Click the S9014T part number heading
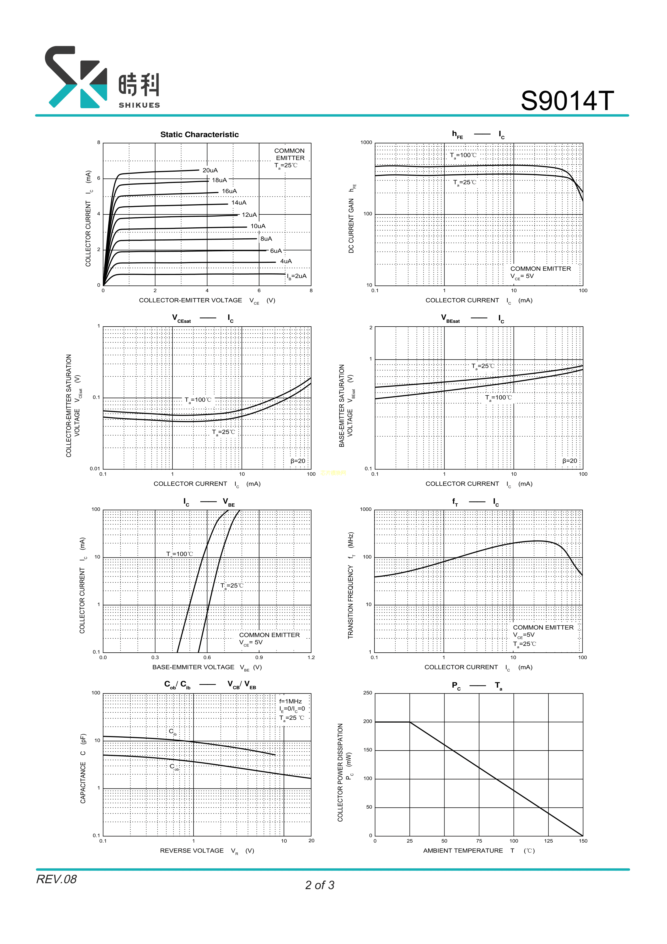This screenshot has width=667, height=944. tap(567, 101)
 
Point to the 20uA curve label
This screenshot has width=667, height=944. tap(210, 170)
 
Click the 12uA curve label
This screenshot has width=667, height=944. tap(249, 215)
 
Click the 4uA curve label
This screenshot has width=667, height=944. tap(286, 261)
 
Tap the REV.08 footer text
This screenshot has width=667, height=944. tap(56, 879)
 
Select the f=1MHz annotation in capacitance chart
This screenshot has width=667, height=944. tap(290, 701)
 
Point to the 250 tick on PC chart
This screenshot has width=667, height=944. tap(367, 693)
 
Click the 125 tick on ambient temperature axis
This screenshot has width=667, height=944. tap(548, 841)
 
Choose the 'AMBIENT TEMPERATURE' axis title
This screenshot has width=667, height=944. tap(463, 850)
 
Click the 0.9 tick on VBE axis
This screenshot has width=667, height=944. tap(259, 657)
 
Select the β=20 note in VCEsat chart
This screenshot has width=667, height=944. tap(298, 461)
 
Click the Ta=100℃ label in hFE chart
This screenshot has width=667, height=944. tap(463, 155)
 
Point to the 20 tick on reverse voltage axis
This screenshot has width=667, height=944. tap(311, 840)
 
